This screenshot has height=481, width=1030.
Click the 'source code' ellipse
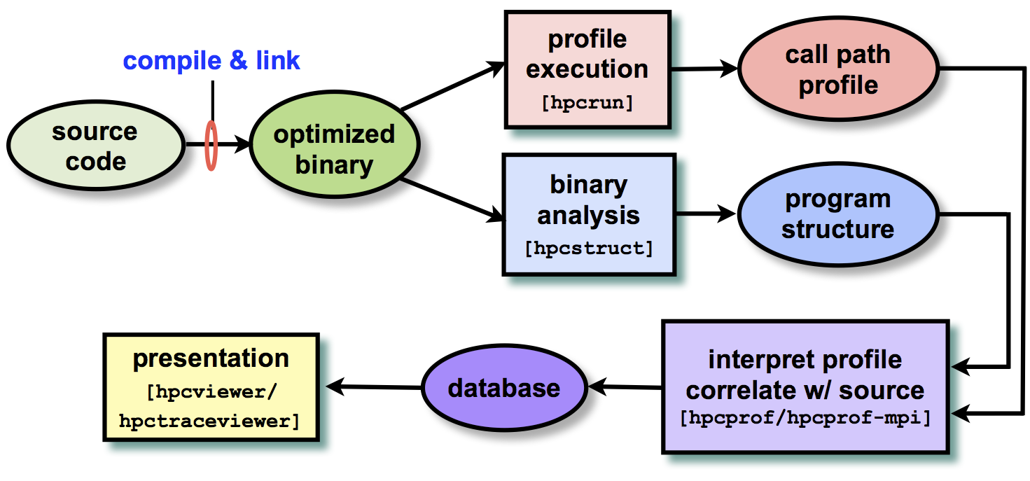(96, 146)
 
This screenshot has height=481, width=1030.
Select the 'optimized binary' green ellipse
(334, 144)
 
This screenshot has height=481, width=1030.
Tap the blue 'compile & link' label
(211, 61)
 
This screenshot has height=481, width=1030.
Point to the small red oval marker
(211, 146)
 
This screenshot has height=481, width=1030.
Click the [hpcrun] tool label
(587, 102)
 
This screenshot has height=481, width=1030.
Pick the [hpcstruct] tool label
(589, 249)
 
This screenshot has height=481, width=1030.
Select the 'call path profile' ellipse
(838, 69)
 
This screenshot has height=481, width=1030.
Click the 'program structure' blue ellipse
(838, 214)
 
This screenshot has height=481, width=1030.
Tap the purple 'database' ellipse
(504, 388)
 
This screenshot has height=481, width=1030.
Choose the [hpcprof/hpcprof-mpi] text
(805, 418)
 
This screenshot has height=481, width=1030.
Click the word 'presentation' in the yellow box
(211, 358)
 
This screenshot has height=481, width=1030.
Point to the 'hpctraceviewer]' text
(209, 421)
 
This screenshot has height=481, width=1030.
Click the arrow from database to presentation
(374, 387)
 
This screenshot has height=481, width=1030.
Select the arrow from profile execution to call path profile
(704, 69)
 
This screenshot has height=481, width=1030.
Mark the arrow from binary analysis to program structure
(706, 214)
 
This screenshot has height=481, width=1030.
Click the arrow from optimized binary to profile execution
(454, 86)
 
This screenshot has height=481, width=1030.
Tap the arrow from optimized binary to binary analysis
(454, 200)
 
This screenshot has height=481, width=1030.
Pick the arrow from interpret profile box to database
(625, 387)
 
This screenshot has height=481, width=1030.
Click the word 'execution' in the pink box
(587, 69)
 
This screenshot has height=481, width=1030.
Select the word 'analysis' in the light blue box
(589, 215)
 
